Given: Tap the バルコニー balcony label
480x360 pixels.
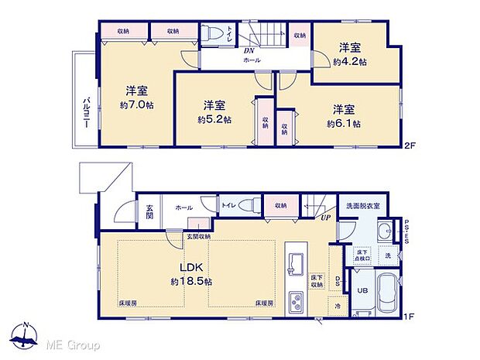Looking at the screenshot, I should click(86, 114).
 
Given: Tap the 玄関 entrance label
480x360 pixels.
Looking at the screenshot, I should click(149, 211).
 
